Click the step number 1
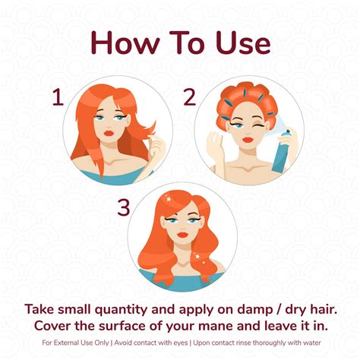pos(58,98)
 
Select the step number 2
pos(190,97)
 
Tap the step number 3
pos(124,208)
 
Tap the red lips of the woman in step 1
pos(109,133)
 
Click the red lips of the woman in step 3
pos(182,235)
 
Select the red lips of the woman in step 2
pos(248,140)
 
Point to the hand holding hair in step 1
pos(156,145)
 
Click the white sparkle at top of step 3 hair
pos(168,199)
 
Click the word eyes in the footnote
pos(180,343)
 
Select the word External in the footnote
pos(66,343)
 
